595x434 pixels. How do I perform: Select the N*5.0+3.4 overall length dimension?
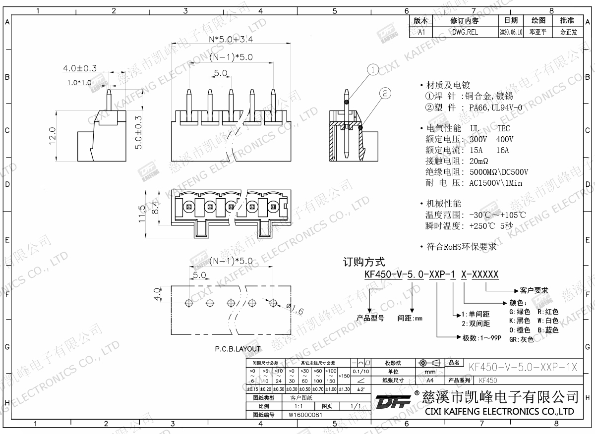tap(228, 39)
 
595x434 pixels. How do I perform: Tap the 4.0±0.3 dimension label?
tap(79, 68)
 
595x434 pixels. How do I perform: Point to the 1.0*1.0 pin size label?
tap(79, 83)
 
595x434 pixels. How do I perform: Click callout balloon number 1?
tap(373, 70)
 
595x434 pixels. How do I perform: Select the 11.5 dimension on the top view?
tap(142, 214)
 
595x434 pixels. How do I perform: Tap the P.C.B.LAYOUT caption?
tap(238, 349)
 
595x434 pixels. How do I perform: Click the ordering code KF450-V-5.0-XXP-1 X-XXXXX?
tap(431, 275)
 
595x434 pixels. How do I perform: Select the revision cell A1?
tap(421, 32)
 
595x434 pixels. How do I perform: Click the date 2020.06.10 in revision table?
tap(510, 32)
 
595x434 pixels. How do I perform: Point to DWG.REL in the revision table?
tap(465, 32)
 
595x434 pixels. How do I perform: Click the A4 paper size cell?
tap(429, 380)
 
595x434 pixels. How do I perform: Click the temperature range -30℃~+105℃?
tap(496, 216)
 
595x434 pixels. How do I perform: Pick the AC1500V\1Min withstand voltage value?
tap(496, 183)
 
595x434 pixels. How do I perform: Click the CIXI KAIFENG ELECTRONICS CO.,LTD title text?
tap(499, 412)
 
